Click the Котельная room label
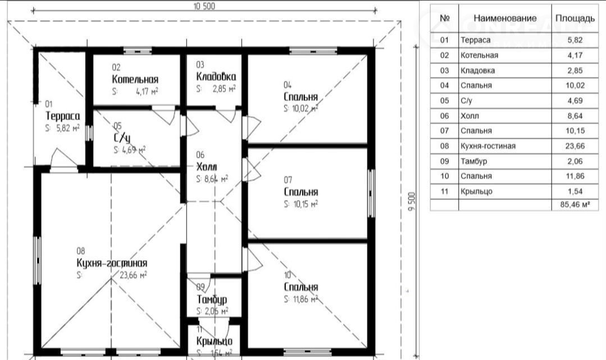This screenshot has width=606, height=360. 135,79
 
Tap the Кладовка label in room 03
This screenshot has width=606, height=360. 216,76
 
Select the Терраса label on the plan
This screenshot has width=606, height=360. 62,116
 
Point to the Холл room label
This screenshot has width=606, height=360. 207,167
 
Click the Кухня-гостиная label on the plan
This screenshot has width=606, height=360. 112,263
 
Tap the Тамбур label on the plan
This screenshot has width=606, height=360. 212,299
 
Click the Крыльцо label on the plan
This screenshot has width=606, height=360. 214,341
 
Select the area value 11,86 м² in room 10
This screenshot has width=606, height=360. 304,299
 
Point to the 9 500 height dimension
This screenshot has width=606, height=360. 412,200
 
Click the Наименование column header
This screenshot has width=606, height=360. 505,18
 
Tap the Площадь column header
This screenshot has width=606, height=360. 575,18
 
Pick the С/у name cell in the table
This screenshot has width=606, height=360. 468,101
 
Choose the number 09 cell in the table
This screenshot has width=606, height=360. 445,161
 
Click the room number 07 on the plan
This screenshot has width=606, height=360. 288,180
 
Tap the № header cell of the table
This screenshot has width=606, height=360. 445,18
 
